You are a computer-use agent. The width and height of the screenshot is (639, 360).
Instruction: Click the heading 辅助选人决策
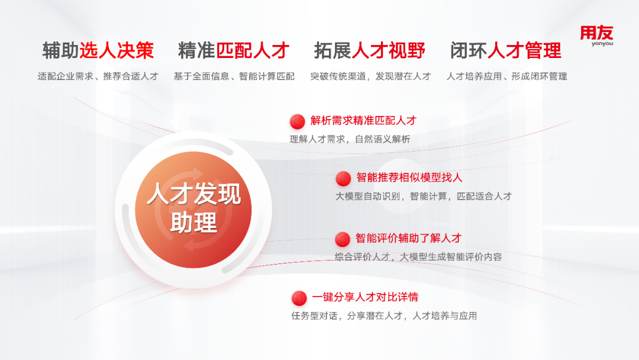click(x=98, y=50)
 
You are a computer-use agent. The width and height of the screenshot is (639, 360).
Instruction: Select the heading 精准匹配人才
click(x=234, y=50)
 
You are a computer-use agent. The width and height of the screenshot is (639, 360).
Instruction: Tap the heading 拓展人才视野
click(x=370, y=50)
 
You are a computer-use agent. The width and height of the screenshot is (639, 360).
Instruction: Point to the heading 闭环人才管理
click(x=506, y=50)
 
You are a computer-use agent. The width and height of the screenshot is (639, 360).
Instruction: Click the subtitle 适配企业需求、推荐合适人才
click(x=98, y=76)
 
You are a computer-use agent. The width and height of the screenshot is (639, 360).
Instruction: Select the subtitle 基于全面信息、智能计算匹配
click(x=234, y=76)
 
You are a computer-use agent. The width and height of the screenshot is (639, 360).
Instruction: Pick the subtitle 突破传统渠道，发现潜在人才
click(x=370, y=76)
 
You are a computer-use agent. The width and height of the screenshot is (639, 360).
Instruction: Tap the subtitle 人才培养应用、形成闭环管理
click(x=506, y=76)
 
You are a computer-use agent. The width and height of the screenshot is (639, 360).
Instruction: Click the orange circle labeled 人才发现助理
click(x=193, y=210)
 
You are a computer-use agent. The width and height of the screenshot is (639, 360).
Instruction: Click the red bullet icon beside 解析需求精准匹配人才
click(x=298, y=121)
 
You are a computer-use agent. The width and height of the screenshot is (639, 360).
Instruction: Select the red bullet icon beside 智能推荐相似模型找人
click(x=343, y=179)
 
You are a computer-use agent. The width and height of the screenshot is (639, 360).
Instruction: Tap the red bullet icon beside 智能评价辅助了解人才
click(x=343, y=239)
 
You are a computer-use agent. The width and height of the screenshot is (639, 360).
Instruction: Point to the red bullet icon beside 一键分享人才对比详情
click(x=299, y=298)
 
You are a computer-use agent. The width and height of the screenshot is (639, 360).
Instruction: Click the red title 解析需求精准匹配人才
click(x=363, y=121)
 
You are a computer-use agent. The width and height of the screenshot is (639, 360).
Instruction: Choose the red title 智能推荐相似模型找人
click(x=409, y=178)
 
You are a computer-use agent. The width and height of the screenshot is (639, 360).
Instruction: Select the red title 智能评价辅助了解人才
click(x=408, y=238)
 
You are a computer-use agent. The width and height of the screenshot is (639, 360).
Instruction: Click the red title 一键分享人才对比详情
click(x=365, y=297)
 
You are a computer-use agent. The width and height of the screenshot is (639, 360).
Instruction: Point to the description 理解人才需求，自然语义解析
click(x=350, y=139)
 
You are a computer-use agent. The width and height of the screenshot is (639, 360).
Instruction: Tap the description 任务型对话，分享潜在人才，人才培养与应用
click(x=384, y=316)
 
